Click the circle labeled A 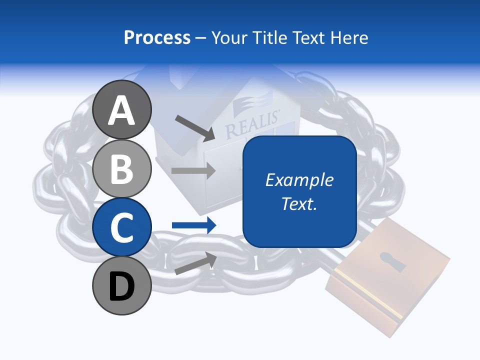pos(122,109)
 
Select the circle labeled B pos(122,168)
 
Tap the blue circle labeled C pos(122,227)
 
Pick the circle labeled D pos(122,285)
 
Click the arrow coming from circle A pos(194,127)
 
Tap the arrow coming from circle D pos(195,263)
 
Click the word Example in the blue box pos(299,180)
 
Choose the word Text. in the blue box pos(299,204)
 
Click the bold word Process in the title pos(157,37)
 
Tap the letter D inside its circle pos(122,286)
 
